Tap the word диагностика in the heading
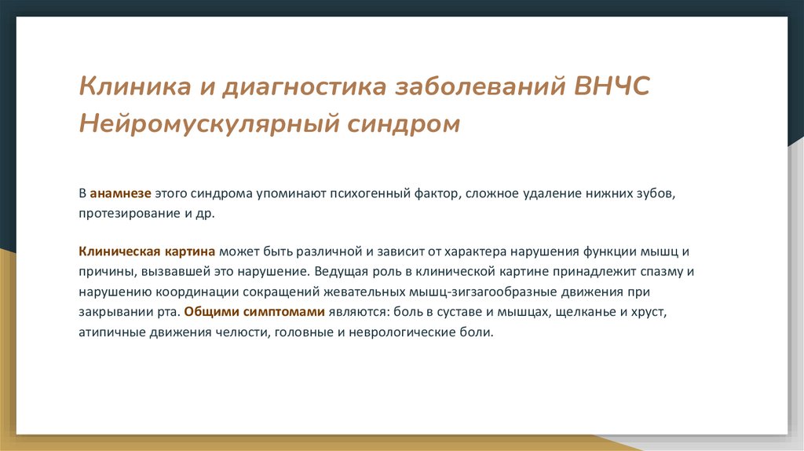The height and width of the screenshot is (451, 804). tap(305, 86)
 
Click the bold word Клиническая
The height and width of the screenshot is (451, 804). tap(119, 252)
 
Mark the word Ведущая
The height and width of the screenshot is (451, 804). tap(336, 272)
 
